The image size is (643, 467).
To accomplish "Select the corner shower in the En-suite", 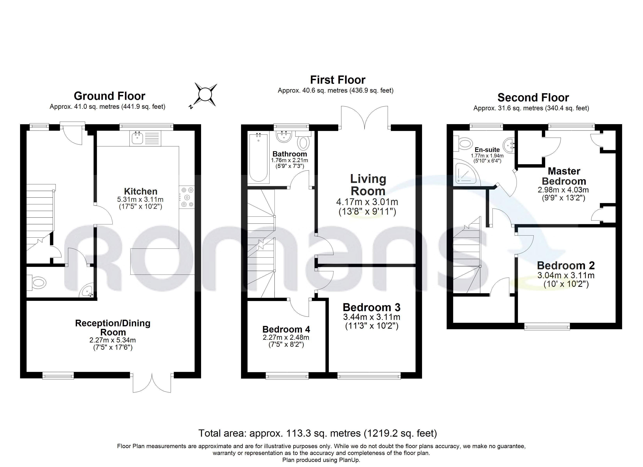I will point(465,173).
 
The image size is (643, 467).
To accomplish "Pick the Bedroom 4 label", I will point(286,329).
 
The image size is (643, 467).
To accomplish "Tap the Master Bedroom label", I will point(564,176).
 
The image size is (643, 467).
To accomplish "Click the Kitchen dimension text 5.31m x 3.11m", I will point(140,199).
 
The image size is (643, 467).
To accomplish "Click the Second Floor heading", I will point(533,97).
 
